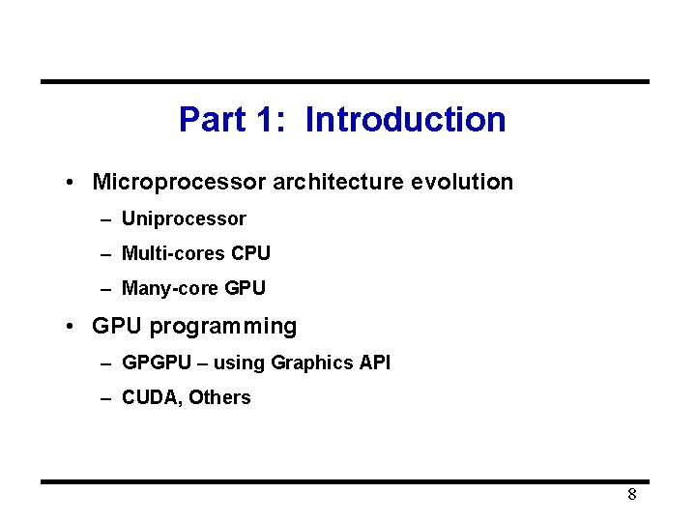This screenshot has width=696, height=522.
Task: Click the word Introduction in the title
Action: point(405,120)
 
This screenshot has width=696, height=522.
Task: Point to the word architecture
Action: point(338,182)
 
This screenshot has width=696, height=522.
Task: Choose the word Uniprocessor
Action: point(184,219)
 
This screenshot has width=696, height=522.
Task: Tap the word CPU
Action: point(251,253)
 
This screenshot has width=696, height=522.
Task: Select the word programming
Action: point(223,327)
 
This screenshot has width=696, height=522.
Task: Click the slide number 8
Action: point(631,495)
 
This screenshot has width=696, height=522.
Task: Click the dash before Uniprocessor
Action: point(105,219)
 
